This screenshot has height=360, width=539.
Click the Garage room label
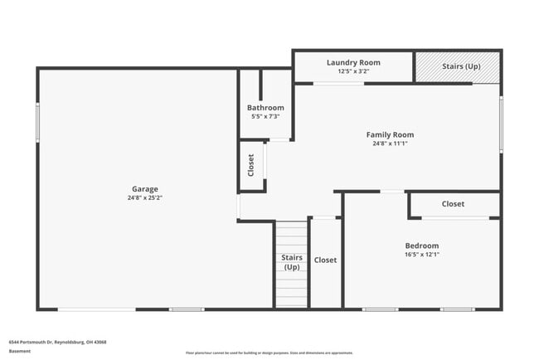(x=144, y=189)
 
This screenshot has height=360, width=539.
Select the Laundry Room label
(x=353, y=62)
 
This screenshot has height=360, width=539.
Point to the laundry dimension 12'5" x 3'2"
(x=353, y=71)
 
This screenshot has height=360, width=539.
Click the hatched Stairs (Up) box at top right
(x=458, y=66)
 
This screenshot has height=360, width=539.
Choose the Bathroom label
(x=265, y=108)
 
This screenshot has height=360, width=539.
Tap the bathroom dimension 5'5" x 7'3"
(x=265, y=116)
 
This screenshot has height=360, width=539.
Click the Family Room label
(x=390, y=134)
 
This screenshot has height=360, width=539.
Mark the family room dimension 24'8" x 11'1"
(x=390, y=144)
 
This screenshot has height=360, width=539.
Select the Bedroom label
(x=421, y=246)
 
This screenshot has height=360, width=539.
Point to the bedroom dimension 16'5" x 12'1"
(x=421, y=255)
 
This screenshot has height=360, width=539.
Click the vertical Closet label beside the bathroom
(x=251, y=166)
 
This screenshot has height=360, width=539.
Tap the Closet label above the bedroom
(x=453, y=204)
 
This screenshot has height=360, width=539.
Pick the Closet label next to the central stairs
(x=325, y=260)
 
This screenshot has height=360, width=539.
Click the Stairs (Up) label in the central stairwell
(x=292, y=262)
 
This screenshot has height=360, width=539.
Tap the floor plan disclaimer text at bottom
(x=269, y=353)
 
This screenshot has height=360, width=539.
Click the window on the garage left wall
(x=37, y=123)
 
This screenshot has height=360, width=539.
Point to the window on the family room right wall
(x=501, y=124)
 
